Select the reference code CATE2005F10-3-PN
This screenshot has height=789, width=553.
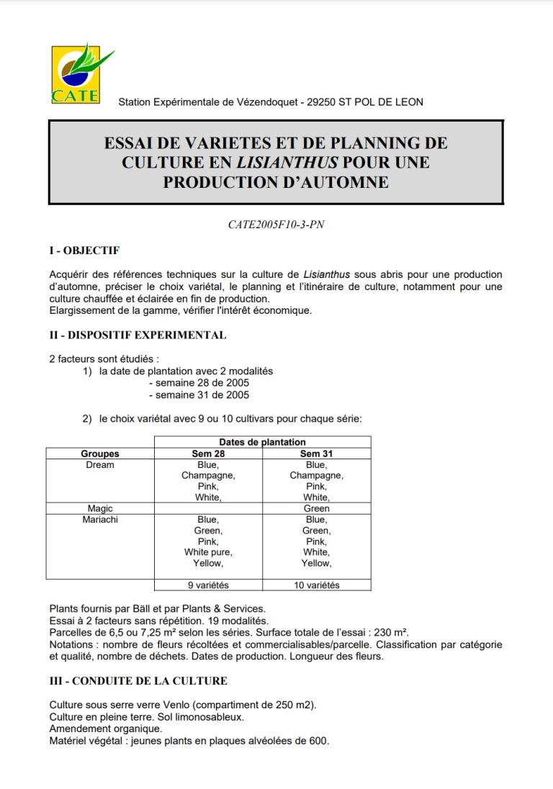coord(276,225)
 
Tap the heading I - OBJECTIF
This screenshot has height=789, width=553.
coord(84,251)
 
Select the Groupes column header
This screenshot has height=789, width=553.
coord(100,454)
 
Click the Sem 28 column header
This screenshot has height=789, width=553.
coord(208,454)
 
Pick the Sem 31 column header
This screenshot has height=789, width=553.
coord(316,454)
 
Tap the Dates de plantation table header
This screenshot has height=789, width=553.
coord(262,442)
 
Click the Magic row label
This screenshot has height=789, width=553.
coord(100,508)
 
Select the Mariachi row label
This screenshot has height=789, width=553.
coord(100,519)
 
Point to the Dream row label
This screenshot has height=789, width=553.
coord(100,465)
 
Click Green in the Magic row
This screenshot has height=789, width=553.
coord(316,508)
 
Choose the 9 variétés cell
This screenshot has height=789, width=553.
coord(208,585)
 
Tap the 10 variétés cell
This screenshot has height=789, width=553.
coord(316,585)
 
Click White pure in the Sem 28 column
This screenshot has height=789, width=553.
coord(208,552)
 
